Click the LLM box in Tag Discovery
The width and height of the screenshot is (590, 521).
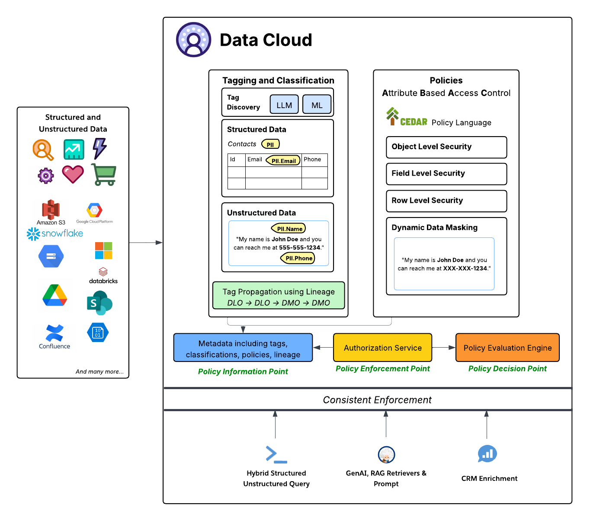(x=284, y=105)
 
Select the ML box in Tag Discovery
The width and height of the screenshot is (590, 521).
(x=317, y=105)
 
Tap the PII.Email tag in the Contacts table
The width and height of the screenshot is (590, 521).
(x=283, y=160)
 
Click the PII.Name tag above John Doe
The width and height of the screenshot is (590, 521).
(x=289, y=229)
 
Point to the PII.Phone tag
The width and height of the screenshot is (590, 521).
(x=298, y=258)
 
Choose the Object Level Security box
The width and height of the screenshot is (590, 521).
(x=446, y=147)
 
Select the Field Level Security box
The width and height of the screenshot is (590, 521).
(x=446, y=174)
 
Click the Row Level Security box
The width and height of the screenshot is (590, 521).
(x=446, y=201)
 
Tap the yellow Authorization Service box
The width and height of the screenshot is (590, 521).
(x=382, y=348)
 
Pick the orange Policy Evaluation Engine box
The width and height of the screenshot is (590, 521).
(x=507, y=348)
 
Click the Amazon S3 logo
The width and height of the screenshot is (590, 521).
(x=51, y=210)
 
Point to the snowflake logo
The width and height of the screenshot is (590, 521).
(x=55, y=234)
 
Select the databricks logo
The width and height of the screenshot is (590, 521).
(x=103, y=275)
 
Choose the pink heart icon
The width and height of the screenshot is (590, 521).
(x=73, y=174)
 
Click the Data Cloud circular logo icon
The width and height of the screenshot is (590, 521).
(x=194, y=40)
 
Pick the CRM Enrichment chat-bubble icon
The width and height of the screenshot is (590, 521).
(x=487, y=454)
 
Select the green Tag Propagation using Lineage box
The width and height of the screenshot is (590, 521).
(x=279, y=296)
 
